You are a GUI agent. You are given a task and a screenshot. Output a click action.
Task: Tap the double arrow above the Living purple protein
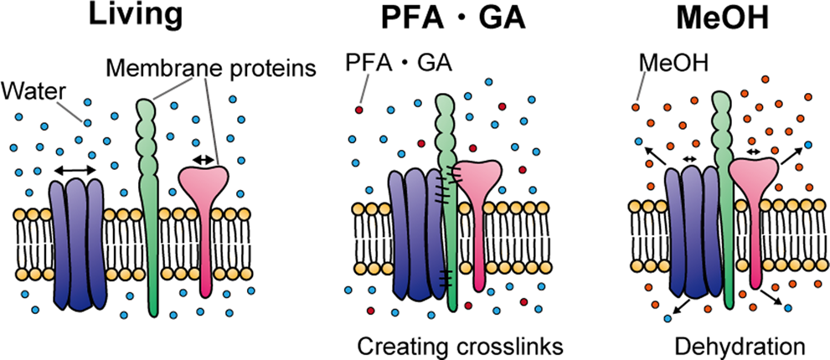(x=75, y=171)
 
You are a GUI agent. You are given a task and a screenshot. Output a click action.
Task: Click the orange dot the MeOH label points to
(x=637, y=105)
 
